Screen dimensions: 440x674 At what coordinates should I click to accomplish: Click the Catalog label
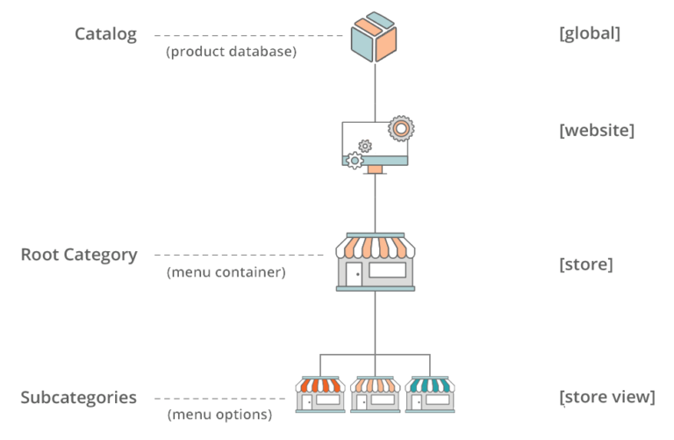[105, 34]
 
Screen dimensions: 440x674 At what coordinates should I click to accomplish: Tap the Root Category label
[79, 255]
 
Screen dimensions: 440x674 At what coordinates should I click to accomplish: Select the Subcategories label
[79, 397]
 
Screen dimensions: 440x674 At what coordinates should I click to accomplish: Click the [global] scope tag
[589, 34]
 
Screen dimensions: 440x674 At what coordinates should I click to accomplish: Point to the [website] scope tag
[596, 130]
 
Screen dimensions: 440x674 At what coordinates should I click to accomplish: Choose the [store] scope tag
[585, 263]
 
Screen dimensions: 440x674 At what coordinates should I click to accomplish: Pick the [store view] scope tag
[606, 397]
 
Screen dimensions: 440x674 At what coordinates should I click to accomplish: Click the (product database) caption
[232, 52]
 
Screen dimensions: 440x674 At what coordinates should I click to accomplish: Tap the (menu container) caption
[226, 272]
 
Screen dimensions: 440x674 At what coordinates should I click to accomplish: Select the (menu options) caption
[219, 415]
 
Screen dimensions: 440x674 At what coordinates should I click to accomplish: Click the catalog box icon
[375, 36]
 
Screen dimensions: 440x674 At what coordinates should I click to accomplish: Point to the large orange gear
[401, 128]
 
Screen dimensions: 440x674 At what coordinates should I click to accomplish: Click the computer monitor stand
[375, 167]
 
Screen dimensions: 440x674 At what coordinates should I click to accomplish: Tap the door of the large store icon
[354, 275]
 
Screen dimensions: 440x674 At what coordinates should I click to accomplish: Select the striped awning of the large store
[376, 246]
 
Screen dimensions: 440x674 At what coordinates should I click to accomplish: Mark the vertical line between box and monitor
[375, 88]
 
